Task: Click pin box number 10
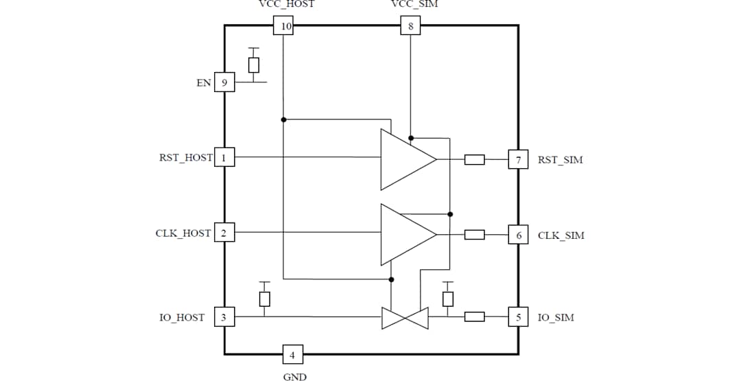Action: (283, 27)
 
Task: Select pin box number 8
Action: (410, 27)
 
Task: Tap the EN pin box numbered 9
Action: (224, 82)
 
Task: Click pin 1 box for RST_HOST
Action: (224, 157)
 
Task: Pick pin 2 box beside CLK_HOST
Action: (224, 233)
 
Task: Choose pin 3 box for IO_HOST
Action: (224, 317)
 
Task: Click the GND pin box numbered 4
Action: (293, 355)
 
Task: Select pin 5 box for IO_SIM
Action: (518, 317)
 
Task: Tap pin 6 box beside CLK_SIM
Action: (518, 235)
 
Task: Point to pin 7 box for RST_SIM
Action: (518, 160)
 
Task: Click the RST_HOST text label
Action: (185, 158)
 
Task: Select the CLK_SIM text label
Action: (561, 235)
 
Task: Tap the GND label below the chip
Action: (295, 376)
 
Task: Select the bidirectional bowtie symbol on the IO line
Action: (405, 318)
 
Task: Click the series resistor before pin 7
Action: (475, 160)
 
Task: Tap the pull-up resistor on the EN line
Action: (254, 65)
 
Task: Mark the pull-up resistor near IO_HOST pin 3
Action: (264, 299)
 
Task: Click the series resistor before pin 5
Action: (475, 317)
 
